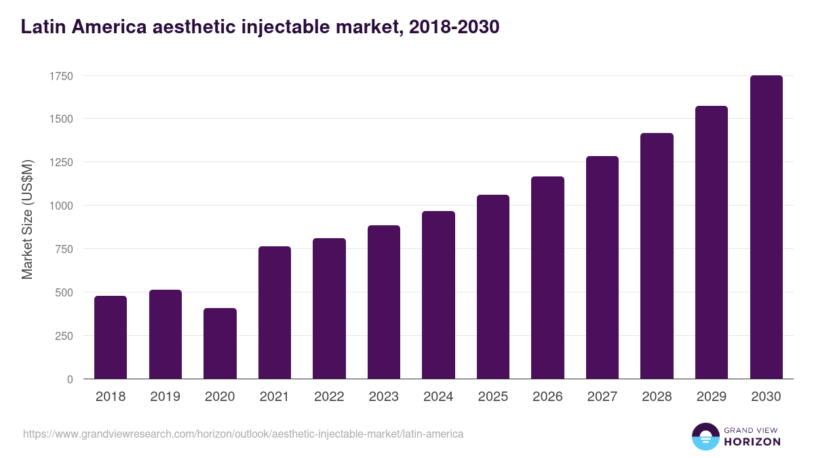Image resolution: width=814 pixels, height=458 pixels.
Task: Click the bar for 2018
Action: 111,337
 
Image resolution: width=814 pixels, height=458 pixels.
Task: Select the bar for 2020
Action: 220,343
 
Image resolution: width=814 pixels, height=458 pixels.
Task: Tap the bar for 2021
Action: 275,313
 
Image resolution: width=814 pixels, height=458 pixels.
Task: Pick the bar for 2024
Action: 438,295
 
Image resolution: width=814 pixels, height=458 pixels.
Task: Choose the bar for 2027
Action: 602,267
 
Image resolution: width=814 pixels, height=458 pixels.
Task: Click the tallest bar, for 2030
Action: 766,227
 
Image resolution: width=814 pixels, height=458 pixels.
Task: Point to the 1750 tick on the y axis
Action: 60,76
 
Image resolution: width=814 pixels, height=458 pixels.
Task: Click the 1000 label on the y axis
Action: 60,206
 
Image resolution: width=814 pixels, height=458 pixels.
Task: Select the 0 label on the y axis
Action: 70,379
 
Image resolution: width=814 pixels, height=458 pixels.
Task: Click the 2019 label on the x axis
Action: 165,397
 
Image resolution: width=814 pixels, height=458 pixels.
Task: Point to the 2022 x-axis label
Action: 329,397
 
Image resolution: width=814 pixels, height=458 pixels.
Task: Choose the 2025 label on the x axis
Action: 493,397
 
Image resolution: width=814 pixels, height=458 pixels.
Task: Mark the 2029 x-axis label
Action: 712,397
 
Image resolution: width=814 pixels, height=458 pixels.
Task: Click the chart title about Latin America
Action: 260,26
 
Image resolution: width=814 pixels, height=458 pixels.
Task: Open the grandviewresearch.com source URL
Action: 243,434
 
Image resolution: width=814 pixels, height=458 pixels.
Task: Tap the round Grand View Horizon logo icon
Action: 705,436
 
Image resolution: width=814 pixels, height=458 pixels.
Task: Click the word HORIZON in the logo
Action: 752,442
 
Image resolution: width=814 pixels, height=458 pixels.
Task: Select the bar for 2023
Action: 384,302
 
